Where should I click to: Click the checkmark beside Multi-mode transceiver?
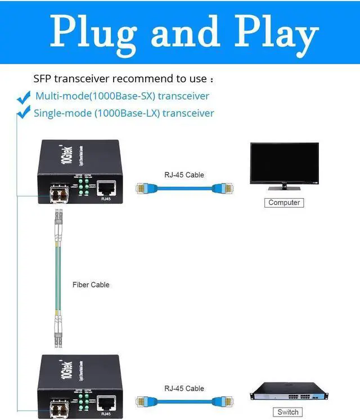tap(24, 97)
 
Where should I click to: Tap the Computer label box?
tap(284, 203)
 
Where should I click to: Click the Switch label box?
tap(287, 412)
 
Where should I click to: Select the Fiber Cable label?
tap(91, 285)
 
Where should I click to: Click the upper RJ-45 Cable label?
tap(184, 175)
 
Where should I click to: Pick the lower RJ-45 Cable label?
tap(184, 388)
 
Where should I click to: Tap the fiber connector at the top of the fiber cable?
tap(58, 220)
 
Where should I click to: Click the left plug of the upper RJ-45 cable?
tap(143, 188)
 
